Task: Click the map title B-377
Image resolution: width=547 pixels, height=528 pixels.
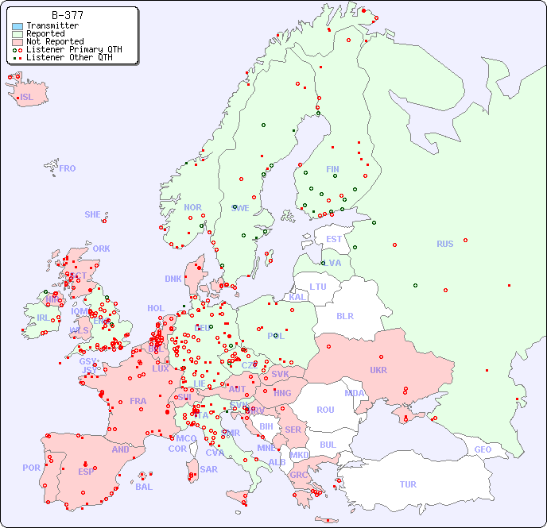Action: coord(67,15)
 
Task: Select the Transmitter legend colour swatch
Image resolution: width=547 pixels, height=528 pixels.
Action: coord(17,26)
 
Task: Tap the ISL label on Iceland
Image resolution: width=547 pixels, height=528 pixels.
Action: coord(27,98)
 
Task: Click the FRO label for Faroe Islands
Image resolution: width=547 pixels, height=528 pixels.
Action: coord(68,168)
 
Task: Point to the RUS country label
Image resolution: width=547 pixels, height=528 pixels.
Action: coord(444,244)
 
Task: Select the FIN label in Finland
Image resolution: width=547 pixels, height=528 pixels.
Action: coord(332,169)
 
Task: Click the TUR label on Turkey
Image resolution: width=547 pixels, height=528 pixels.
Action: coord(408,484)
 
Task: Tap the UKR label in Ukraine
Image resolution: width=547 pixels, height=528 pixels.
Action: coord(378,370)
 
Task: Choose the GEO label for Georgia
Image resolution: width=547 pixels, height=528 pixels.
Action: coord(483,449)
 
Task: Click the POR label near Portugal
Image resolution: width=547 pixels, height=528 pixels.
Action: coord(31,468)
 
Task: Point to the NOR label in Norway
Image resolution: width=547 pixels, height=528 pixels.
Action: coord(192,207)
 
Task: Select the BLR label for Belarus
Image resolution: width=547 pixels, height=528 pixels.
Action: coord(345,315)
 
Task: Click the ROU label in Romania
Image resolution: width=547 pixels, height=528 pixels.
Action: coord(325,410)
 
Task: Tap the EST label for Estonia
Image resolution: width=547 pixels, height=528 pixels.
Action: coord(334,239)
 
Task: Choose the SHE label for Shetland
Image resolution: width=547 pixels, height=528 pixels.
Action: coord(93,214)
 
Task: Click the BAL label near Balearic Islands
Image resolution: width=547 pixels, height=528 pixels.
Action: coord(144,487)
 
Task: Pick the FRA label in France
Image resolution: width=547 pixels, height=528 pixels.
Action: coord(138,401)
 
